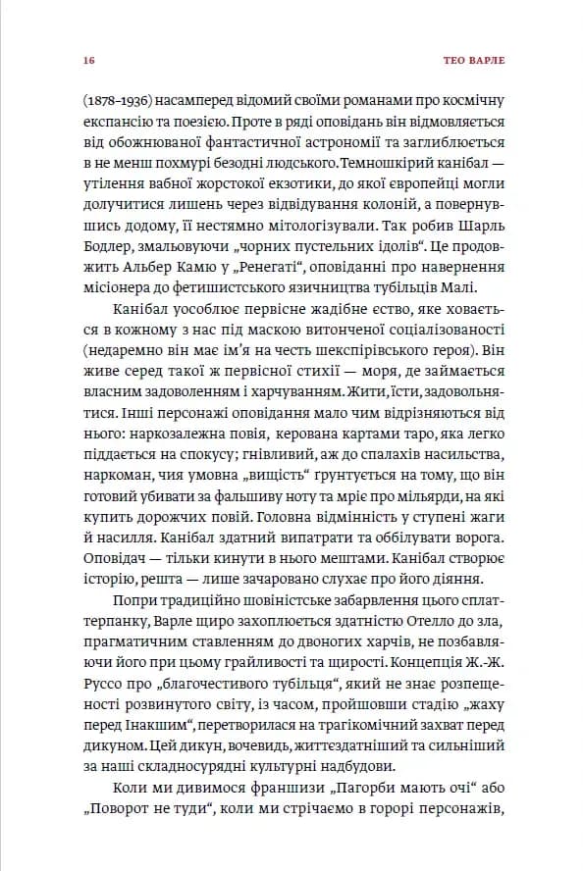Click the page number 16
tap(88, 60)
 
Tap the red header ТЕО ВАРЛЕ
tap(472, 60)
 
